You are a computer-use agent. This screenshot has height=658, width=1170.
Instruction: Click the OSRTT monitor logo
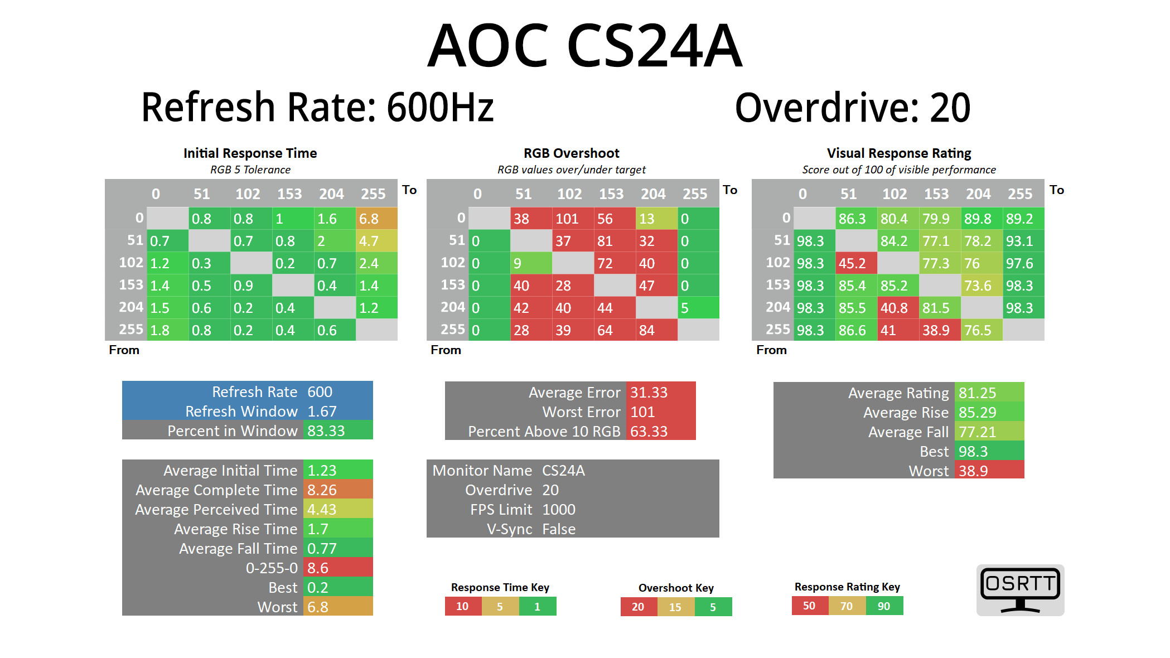[x=1020, y=590]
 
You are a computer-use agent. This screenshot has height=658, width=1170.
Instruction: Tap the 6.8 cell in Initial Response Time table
[x=376, y=219]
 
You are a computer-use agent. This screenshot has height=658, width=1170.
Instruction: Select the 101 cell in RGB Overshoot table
[x=573, y=219]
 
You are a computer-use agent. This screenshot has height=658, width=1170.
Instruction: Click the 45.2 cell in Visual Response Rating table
[x=856, y=263]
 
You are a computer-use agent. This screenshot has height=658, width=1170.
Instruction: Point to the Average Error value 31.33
[x=660, y=393]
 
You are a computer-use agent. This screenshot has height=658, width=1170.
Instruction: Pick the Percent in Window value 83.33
[x=337, y=431]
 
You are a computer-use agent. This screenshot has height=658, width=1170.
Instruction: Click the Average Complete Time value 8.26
[x=337, y=490]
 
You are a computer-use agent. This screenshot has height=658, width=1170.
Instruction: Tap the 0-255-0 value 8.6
[x=337, y=568]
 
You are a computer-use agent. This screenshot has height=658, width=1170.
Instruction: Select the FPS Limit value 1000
[x=559, y=510]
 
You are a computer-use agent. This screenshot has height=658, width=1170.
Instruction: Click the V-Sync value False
[x=559, y=529]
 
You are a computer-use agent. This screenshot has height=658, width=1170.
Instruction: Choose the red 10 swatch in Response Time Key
[x=463, y=606]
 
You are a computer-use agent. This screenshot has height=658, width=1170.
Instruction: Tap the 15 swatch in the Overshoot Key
[x=675, y=607]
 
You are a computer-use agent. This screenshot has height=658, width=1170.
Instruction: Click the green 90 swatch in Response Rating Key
[x=884, y=606]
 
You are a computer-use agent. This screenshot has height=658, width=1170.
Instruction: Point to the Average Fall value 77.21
[x=989, y=432]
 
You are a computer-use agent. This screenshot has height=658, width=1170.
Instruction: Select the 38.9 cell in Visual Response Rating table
[x=939, y=330]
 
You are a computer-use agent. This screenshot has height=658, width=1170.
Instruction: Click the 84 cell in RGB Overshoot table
[x=656, y=330]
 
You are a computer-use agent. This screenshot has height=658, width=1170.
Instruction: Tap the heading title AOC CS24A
[x=584, y=46]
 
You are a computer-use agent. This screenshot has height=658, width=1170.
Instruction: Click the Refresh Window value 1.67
[x=337, y=412]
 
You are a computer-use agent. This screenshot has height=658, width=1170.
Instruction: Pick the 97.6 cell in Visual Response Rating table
[x=1023, y=263]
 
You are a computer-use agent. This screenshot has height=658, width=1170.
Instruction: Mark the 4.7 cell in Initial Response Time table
[x=376, y=241]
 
